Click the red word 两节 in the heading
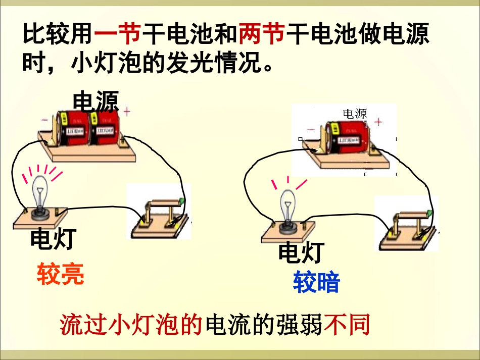click(x=261, y=35)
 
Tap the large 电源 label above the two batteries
click(x=95, y=101)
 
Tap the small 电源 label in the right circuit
click(x=355, y=114)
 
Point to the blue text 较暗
click(x=317, y=282)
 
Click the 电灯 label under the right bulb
click(x=301, y=252)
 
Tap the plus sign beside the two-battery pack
click(x=127, y=111)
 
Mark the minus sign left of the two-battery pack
click(x=44, y=120)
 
